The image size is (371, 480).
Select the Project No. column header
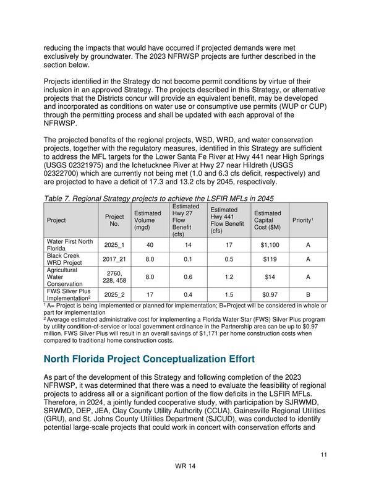point(114,220)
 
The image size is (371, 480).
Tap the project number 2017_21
point(114,259)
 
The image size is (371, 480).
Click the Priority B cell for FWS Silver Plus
point(308,294)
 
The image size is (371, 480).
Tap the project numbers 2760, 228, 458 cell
point(114,276)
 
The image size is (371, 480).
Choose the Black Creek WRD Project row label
point(64,259)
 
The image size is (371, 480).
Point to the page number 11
point(323,455)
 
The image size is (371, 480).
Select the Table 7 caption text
point(158,198)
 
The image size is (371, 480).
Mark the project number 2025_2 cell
point(114,294)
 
